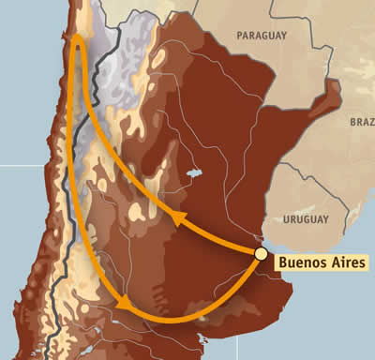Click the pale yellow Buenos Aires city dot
262,253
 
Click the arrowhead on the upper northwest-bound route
175,217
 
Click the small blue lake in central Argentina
195,172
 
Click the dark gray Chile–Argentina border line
65,187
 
